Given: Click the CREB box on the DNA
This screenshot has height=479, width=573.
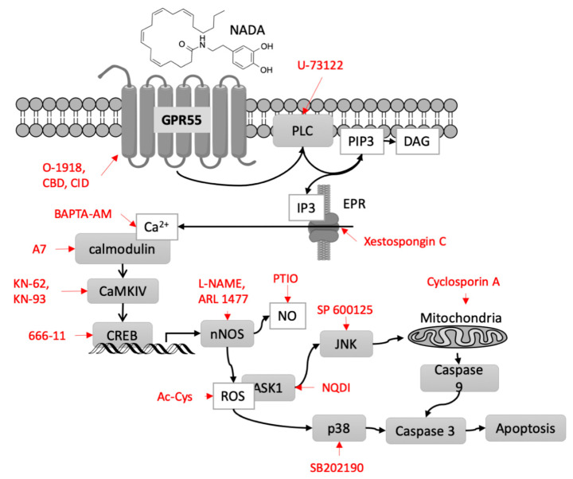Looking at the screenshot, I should (x=123, y=331).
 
